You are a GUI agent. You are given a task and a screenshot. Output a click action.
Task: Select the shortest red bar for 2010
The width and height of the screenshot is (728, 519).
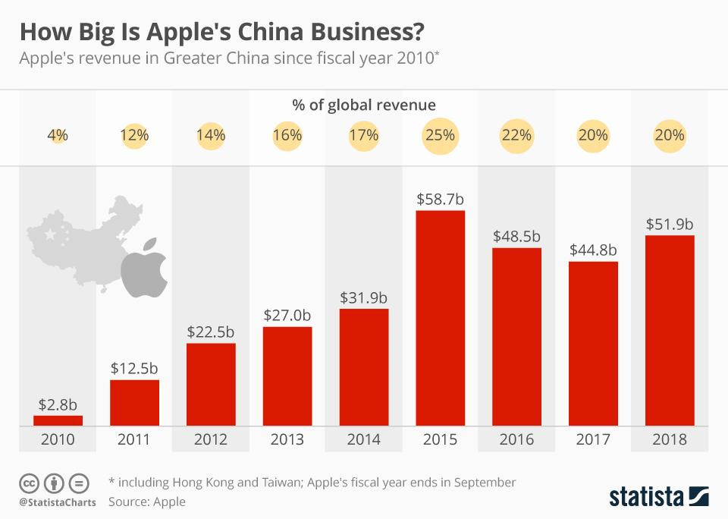58,420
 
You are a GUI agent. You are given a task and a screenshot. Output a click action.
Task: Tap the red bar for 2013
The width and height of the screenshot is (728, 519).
287,375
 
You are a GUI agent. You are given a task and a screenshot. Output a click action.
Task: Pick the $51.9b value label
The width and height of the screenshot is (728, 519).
670,225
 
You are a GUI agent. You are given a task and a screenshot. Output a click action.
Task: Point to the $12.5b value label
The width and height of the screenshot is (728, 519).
134,369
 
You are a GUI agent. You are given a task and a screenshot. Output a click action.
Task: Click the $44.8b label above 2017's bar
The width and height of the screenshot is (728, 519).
593,250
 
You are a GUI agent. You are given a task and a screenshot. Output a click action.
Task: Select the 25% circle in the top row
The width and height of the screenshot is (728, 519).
440,136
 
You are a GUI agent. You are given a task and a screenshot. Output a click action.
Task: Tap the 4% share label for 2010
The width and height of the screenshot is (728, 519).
58,136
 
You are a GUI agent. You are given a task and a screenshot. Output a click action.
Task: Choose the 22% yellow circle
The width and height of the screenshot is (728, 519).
516,136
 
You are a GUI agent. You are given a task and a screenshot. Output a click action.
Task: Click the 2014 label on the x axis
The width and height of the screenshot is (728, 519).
363,439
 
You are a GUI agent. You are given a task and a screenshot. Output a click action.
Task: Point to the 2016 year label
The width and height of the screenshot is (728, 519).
516,439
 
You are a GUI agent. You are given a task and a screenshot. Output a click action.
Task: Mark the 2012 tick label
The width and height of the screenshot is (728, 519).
211,439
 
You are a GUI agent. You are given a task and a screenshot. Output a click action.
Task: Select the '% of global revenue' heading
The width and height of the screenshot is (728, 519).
364,105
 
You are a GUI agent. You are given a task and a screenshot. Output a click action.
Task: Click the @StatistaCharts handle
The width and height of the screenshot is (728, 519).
57,502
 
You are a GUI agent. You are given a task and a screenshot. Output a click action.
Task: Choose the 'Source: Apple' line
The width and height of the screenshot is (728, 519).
147,502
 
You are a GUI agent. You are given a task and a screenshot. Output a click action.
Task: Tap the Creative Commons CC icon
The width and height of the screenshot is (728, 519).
30,483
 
